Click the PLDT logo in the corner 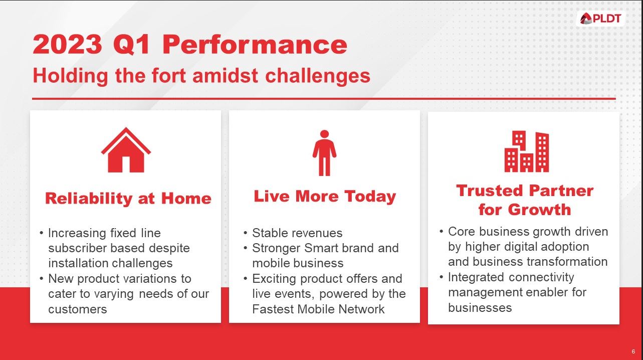point(600,19)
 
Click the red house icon point(126,150)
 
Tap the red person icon point(324,153)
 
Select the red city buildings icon point(526,151)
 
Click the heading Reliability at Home point(128,199)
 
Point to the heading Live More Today point(325,196)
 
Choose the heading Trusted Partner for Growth point(525,200)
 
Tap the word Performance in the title point(255,45)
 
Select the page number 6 point(633,351)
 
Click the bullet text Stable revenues point(297,233)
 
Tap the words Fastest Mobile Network point(318,309)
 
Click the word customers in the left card point(77,309)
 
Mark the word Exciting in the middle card point(275,278)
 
